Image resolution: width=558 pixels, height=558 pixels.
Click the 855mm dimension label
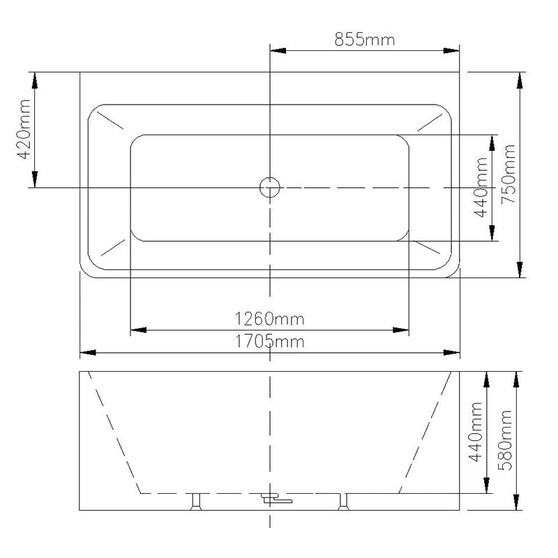(x=364, y=39)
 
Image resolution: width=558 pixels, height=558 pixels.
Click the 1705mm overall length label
(x=269, y=341)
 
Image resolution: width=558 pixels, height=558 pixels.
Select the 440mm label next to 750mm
(x=481, y=188)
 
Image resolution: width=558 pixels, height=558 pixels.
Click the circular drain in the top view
(x=269, y=187)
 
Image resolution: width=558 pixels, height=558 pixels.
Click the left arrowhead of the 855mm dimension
(x=277, y=50)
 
